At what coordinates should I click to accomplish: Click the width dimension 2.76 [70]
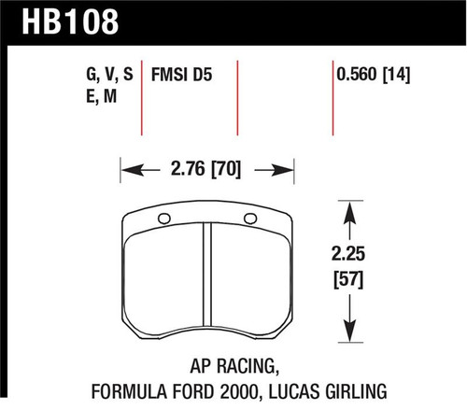point(207,172)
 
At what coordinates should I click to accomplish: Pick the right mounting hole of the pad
point(249,220)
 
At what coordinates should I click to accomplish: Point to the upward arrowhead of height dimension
point(351,213)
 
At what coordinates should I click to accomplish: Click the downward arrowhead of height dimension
point(351,332)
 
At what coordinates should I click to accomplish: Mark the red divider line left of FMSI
point(143,97)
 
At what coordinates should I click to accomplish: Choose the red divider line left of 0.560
point(333,97)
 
